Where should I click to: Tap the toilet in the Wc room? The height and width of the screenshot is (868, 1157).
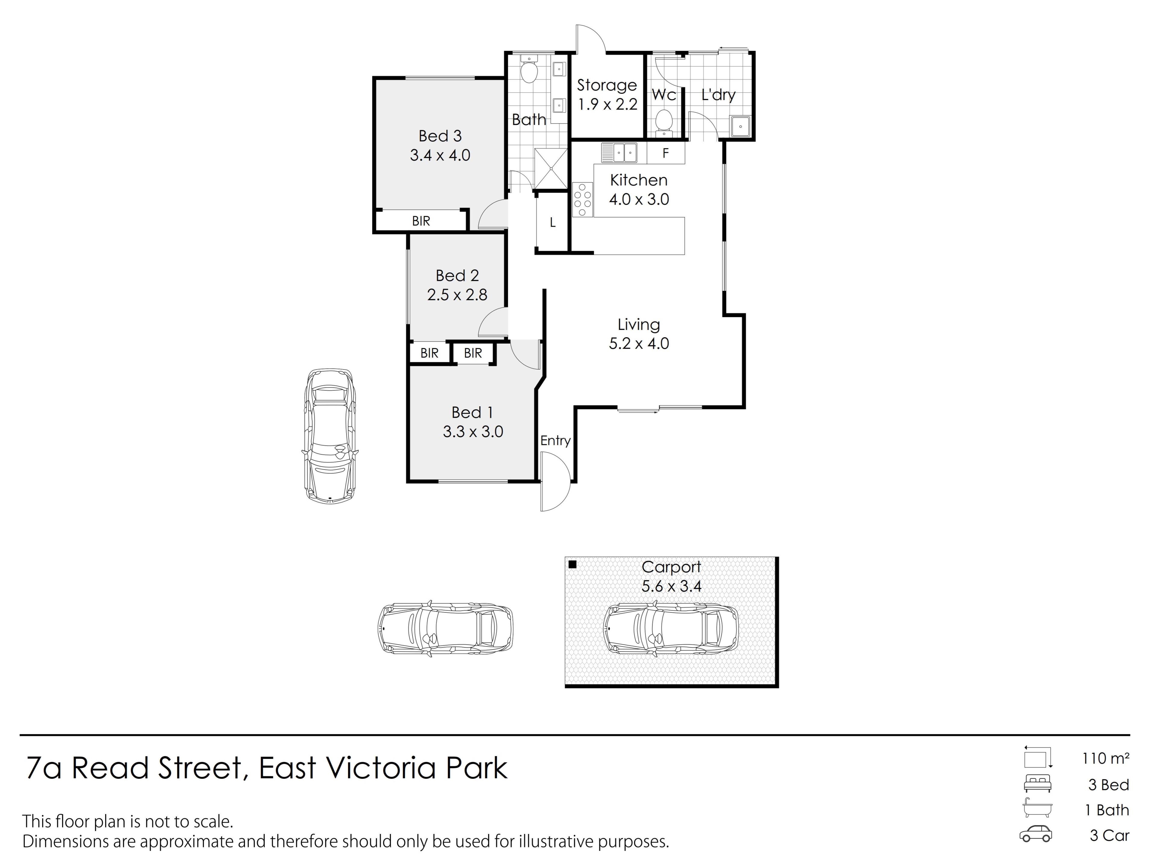pos(663,120)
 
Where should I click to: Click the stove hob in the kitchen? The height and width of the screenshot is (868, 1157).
pos(582,199)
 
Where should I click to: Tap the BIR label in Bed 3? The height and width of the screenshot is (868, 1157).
pos(421,221)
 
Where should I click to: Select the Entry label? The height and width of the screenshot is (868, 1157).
pos(555,441)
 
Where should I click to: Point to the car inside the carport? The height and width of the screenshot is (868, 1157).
pos(671,629)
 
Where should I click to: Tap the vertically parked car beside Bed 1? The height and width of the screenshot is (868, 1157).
pos(330,436)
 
